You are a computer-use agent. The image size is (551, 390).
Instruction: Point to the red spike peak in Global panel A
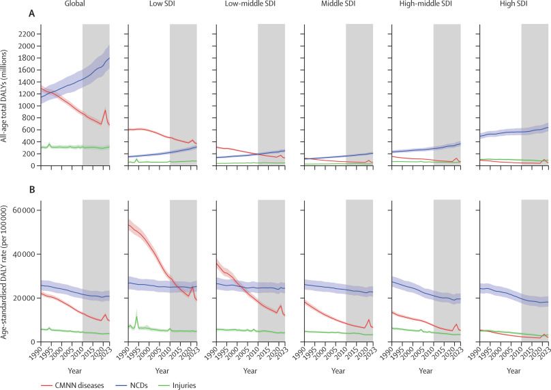tap(105, 111)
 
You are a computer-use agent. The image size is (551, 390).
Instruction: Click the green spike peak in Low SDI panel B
tap(137, 316)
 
